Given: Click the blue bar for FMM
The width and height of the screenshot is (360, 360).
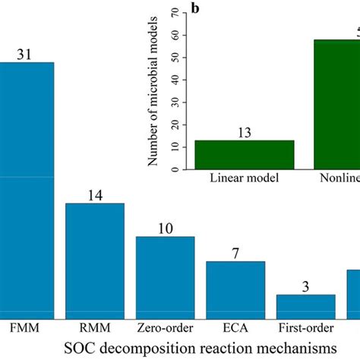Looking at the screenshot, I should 27,190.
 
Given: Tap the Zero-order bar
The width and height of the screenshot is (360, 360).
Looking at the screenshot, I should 165,276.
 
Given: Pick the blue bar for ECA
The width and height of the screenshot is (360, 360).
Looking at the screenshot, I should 235,289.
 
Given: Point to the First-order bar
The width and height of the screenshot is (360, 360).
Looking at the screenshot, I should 305,305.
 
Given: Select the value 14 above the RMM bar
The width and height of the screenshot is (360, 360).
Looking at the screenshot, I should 95,194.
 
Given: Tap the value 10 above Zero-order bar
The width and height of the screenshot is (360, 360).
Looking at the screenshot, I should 165,228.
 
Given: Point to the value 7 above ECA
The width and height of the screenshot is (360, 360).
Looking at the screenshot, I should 235,253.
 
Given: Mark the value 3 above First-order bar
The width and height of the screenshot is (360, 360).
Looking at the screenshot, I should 305,286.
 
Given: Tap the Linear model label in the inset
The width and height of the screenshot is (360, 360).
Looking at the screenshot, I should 245,178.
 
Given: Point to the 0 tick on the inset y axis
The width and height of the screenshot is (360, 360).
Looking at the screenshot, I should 176,169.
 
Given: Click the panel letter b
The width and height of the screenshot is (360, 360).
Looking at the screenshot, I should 196,9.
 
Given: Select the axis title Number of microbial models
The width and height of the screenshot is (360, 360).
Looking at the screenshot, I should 153,92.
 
